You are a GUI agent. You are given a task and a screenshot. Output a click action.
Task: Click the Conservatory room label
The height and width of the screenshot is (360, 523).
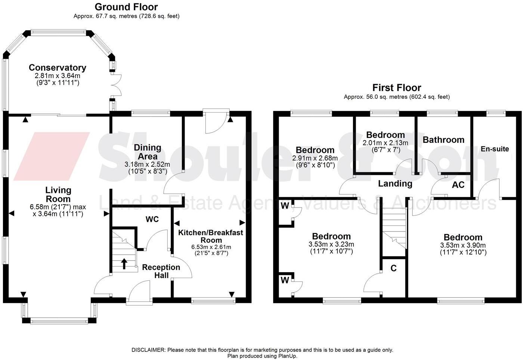pyautogui.click(x=58, y=68)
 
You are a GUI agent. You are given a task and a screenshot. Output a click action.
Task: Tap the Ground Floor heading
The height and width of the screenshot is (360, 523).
pyautogui.click(x=126, y=7)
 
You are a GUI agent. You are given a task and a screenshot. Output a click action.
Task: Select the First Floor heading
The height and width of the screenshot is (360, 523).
pyautogui.click(x=397, y=87)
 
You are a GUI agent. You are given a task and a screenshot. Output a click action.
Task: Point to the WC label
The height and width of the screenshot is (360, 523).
pyautogui.click(x=152, y=219)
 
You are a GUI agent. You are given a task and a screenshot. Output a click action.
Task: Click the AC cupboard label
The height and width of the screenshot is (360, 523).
pyautogui.click(x=458, y=185)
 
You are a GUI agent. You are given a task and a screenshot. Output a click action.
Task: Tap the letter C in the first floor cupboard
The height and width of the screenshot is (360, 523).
pyautogui.click(x=393, y=268)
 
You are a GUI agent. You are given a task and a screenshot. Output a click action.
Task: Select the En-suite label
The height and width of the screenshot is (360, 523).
pyautogui.click(x=495, y=149)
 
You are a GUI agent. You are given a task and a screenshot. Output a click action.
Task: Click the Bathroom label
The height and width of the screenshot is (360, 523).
pyautogui.click(x=443, y=139)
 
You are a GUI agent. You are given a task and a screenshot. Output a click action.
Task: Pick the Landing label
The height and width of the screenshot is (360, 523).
pyautogui.click(x=395, y=184)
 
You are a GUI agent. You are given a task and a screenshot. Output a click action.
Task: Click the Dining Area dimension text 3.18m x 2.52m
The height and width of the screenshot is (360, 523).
pyautogui.click(x=147, y=164)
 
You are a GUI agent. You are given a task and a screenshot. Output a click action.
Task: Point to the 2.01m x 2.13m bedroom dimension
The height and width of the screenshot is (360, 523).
pyautogui.click(x=386, y=143)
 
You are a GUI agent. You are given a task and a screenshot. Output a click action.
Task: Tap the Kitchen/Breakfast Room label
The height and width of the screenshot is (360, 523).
pyautogui.click(x=211, y=236)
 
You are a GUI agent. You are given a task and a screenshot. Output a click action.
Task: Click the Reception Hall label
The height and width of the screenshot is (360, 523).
pyautogui.click(x=161, y=271)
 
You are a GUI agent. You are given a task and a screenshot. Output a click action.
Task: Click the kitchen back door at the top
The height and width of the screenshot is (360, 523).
pyautogui.click(x=216, y=121)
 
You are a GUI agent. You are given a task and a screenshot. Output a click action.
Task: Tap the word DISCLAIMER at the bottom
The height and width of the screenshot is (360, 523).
pyautogui.click(x=148, y=350)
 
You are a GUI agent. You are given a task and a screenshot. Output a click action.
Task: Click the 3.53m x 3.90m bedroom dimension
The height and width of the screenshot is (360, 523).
pyautogui.click(x=463, y=245)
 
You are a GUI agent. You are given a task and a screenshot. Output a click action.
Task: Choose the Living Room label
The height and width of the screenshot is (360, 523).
pyautogui.click(x=58, y=194)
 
